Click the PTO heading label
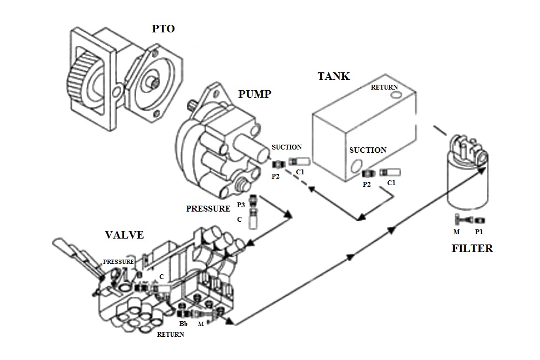coord(163,29)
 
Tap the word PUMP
coord(255,94)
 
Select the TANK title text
coord(333,76)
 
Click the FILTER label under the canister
coord(473,249)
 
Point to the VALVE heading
coord(124,235)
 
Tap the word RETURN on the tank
coord(384,87)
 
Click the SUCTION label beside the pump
coord(287,147)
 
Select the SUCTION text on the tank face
coord(368,150)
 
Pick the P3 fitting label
coord(241,205)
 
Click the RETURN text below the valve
coord(171,335)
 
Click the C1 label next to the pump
coord(300,173)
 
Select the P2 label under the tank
coord(367,184)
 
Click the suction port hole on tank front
coord(355,169)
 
